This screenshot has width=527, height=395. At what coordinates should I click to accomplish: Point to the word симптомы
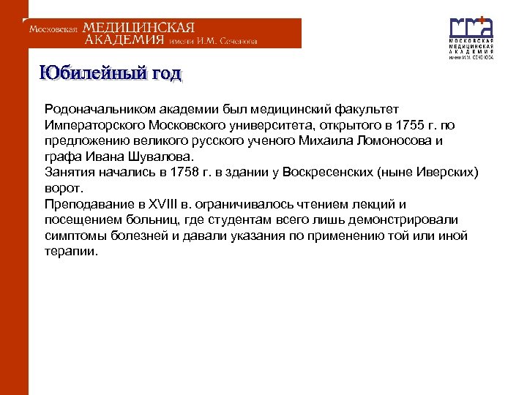point(76,236)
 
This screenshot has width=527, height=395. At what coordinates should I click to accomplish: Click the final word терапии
point(70,251)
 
